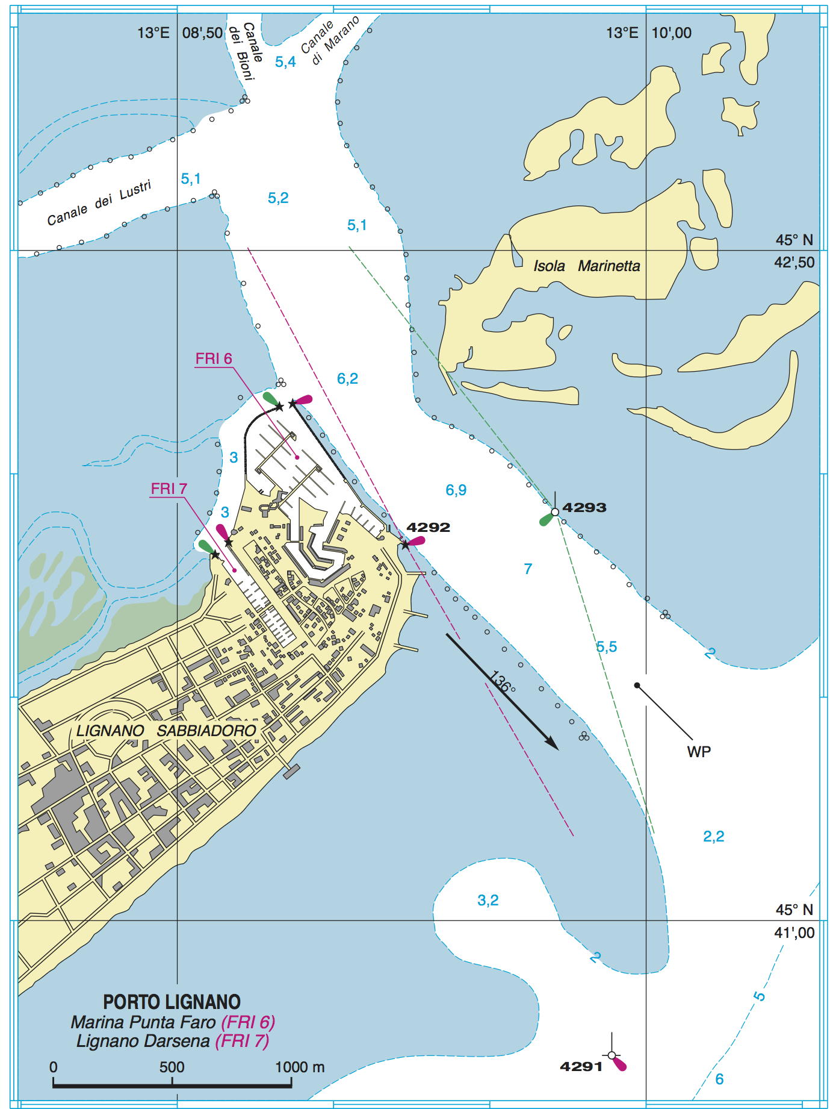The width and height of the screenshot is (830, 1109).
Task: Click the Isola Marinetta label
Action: tap(586, 266)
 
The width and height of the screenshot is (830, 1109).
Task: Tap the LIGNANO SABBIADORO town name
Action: tap(166, 731)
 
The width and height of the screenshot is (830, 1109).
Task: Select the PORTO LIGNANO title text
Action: tap(172, 1002)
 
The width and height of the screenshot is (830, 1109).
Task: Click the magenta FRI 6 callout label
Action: tap(214, 358)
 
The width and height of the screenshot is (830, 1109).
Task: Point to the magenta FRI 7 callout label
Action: tap(169, 489)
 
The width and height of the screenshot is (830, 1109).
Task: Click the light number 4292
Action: tap(428, 527)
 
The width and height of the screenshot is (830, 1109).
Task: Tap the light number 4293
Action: tap(584, 507)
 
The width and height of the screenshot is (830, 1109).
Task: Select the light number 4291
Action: tap(581, 1066)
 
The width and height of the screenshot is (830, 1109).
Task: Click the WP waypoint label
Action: tap(699, 751)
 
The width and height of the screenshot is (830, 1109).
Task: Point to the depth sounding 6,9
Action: tap(456, 490)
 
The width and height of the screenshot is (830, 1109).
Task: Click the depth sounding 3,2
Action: tap(488, 900)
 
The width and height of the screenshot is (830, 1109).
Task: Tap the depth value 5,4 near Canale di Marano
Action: tap(285, 61)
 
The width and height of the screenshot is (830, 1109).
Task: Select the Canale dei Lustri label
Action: tap(99, 203)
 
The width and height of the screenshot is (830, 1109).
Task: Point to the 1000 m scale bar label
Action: tap(299, 1067)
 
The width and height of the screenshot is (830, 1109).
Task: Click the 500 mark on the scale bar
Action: tap(172, 1067)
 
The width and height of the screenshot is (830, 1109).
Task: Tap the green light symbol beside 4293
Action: tap(547, 519)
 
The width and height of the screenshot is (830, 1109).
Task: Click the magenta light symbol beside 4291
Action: tap(619, 1064)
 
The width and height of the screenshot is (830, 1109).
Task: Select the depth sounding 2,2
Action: tap(713, 836)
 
